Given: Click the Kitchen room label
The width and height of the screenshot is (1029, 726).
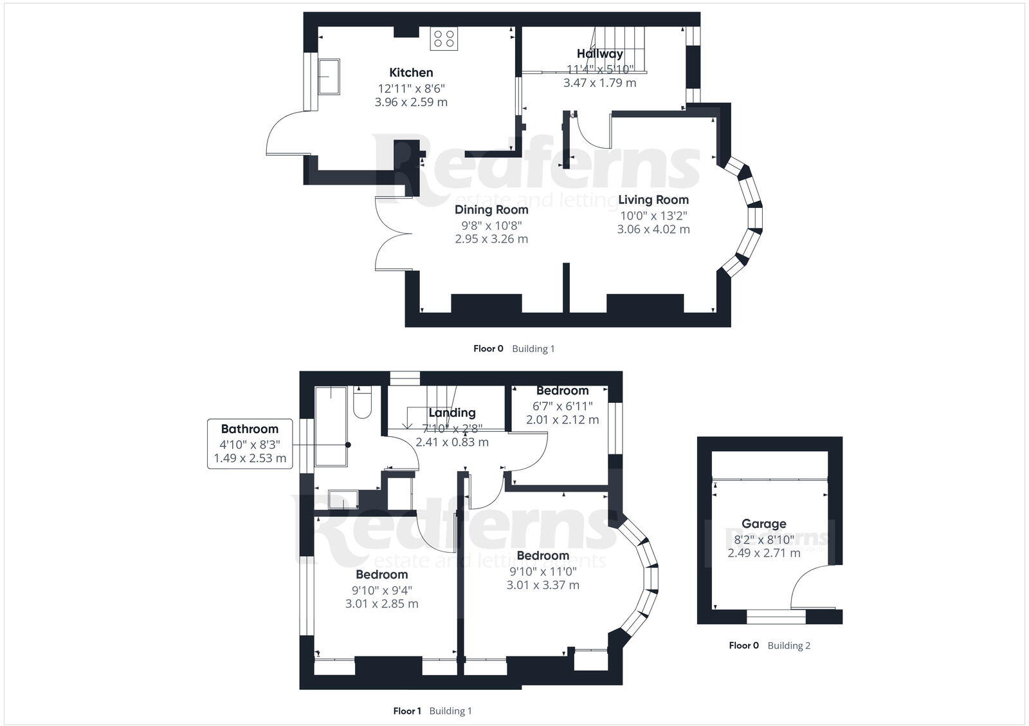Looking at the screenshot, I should [411, 73].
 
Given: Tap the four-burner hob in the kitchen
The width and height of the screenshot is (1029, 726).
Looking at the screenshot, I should [444, 39].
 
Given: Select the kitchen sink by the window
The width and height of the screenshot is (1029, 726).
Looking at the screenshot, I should [328, 77].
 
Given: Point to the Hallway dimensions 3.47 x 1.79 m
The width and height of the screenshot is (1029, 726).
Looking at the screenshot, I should [599, 82].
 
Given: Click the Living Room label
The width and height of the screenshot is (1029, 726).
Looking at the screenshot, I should [653, 200].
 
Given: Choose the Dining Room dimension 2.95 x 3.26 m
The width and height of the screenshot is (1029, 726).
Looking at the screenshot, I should [491, 239].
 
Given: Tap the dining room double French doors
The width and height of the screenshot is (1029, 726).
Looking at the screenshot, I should [385, 233].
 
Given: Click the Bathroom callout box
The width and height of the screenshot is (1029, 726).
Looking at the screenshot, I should [250, 443].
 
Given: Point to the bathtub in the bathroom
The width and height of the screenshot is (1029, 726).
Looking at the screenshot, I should [331, 426].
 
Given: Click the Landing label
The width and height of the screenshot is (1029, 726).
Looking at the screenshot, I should [451, 413].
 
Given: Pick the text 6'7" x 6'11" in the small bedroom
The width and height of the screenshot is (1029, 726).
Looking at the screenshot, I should [562, 405].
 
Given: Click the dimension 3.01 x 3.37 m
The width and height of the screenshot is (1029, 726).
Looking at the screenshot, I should [543, 585].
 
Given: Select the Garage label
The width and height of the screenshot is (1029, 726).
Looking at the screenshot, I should [763, 524].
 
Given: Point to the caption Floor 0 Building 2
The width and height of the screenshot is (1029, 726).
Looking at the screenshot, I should [769, 646].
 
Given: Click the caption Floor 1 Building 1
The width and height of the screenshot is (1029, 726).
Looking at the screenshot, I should [432, 711].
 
